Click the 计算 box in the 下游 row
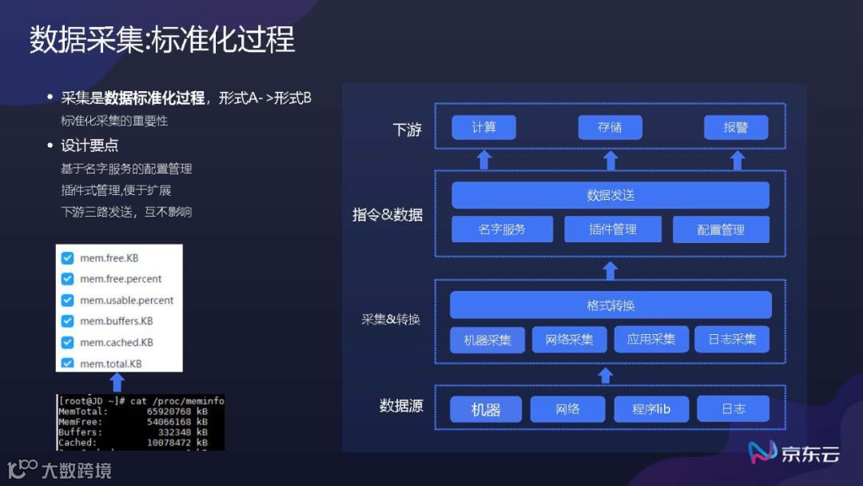(x=483, y=128)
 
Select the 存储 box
(x=610, y=128)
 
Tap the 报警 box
(x=736, y=128)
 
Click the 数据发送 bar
(x=610, y=195)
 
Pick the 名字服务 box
(x=502, y=229)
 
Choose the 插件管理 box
(x=613, y=229)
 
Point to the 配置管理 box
(x=721, y=229)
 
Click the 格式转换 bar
(x=610, y=305)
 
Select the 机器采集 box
(x=487, y=339)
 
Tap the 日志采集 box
(x=732, y=339)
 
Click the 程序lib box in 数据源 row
(x=651, y=409)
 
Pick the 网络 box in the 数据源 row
(x=567, y=409)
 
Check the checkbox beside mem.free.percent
(x=68, y=279)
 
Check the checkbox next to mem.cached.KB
(x=68, y=342)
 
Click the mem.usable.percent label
(x=126, y=301)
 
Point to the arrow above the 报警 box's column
(x=738, y=160)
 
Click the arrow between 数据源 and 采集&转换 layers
(x=606, y=375)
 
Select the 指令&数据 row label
(x=388, y=215)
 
